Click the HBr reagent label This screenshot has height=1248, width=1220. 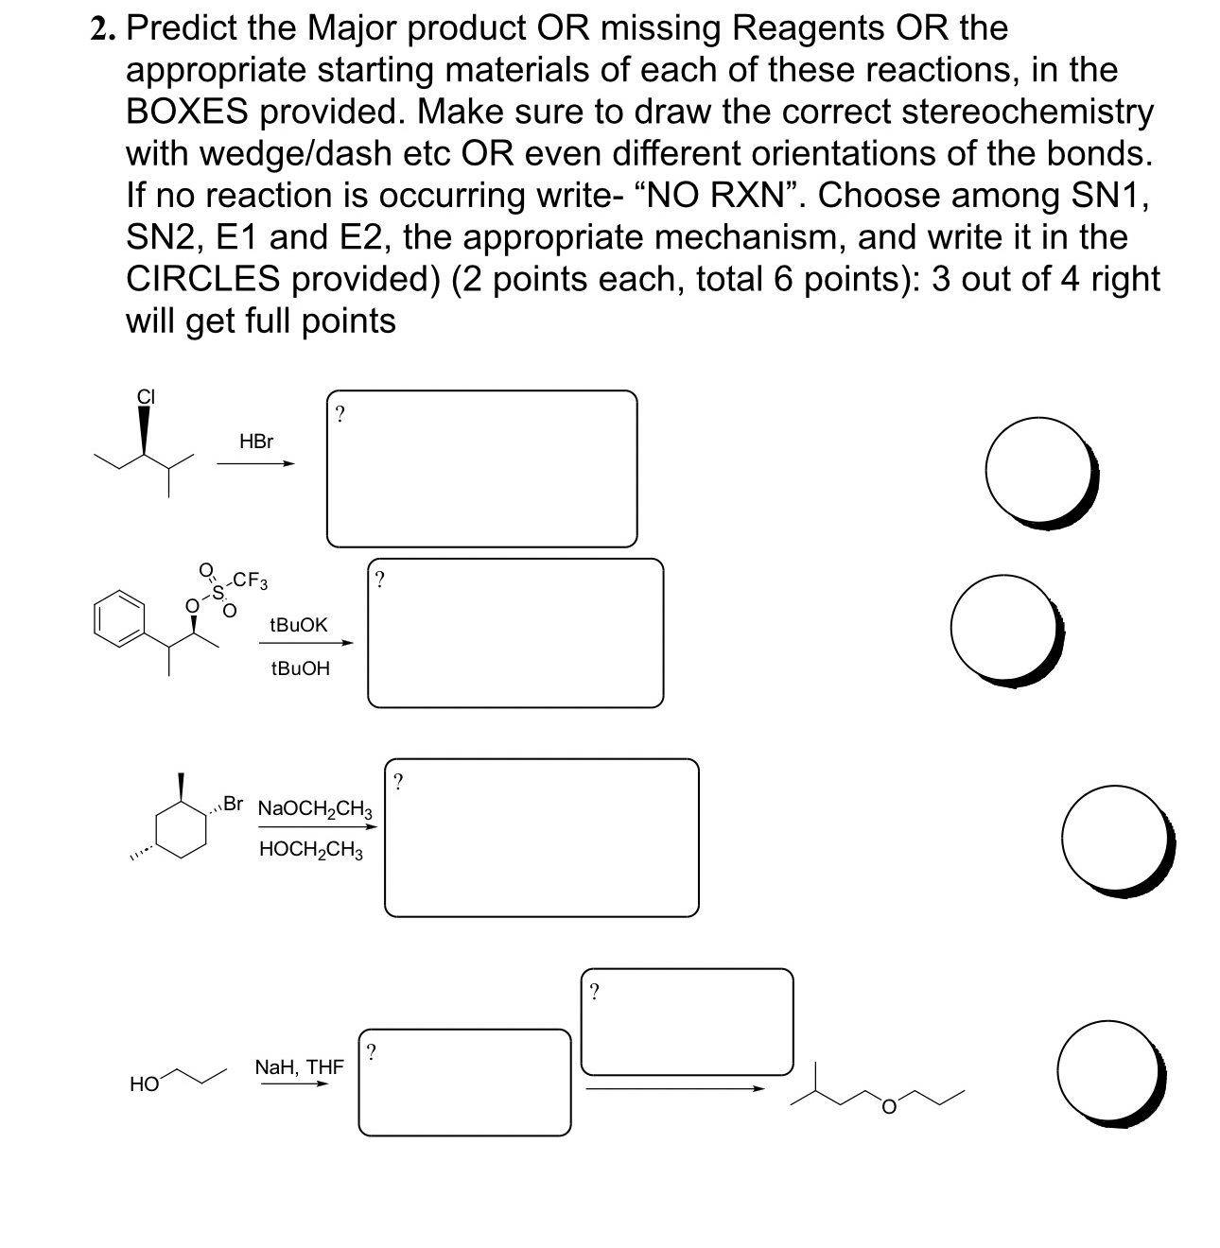click(x=256, y=442)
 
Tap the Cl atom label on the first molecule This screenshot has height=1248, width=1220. click(x=146, y=397)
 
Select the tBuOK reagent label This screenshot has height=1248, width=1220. click(x=299, y=625)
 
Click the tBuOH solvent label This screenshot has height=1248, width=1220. click(x=300, y=668)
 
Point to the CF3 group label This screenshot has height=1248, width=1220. click(x=251, y=580)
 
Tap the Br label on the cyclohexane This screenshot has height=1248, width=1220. click(x=233, y=804)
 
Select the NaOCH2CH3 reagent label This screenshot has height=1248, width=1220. click(x=315, y=809)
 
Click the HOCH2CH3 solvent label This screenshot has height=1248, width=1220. click(x=310, y=850)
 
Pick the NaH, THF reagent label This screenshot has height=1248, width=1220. click(x=300, y=1067)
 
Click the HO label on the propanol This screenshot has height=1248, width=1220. click(x=144, y=1084)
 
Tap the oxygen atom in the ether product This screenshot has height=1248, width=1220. click(x=888, y=1106)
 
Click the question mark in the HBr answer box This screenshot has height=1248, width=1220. click(x=340, y=413)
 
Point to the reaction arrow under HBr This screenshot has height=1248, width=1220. click(x=255, y=463)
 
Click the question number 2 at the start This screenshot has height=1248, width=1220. click(x=102, y=30)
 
